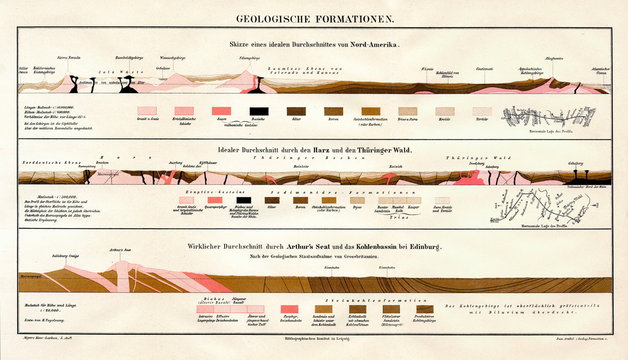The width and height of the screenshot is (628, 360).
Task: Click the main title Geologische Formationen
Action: point(313,17)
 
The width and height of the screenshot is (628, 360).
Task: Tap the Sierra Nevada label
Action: point(68,58)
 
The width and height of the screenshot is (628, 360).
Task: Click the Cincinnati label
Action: point(483,68)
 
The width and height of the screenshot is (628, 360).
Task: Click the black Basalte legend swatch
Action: point(258,111)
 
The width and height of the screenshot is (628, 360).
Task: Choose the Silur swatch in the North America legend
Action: point(296,111)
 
